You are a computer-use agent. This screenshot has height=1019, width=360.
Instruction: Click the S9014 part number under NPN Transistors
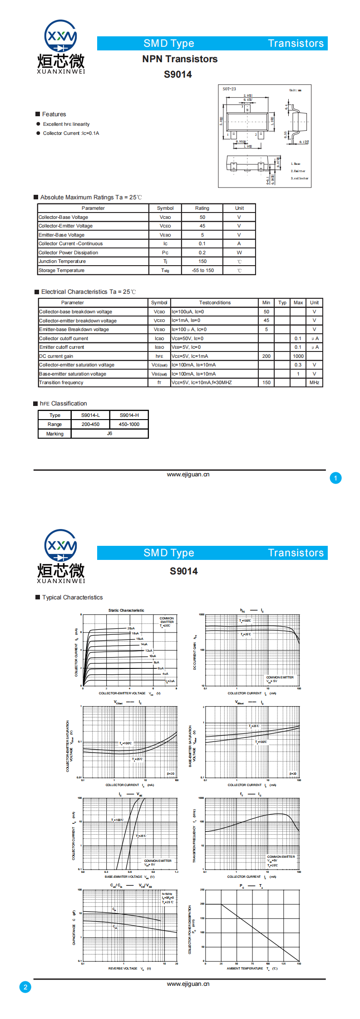click(x=178, y=74)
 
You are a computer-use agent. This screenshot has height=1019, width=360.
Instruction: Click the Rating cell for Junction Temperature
click(x=202, y=262)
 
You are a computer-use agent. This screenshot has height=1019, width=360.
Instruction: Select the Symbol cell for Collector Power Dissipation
click(x=165, y=252)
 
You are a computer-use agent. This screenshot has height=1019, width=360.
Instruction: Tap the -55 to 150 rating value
click(x=202, y=271)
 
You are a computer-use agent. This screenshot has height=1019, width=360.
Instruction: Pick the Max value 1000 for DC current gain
click(x=298, y=356)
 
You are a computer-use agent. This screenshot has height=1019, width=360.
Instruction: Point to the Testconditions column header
click(x=215, y=303)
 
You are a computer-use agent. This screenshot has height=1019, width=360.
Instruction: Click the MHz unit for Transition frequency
click(x=314, y=383)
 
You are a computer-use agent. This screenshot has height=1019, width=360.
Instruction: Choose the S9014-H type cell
click(x=129, y=415)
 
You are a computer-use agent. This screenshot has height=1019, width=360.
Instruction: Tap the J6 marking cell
click(x=109, y=434)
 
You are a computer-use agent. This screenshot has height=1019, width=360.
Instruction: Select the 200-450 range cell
click(x=90, y=425)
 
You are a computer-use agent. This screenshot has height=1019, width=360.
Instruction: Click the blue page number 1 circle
click(x=335, y=478)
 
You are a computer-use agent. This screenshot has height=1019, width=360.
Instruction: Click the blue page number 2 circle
click(x=25, y=987)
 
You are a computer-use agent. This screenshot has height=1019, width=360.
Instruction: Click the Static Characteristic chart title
click(x=126, y=610)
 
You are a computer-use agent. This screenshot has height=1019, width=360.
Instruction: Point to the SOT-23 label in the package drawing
click(x=229, y=89)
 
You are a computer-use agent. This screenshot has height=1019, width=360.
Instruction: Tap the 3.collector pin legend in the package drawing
click(x=300, y=178)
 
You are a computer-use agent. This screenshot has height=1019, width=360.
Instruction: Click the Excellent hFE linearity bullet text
click(x=66, y=124)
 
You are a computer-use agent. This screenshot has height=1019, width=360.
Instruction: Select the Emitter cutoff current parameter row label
click(x=61, y=347)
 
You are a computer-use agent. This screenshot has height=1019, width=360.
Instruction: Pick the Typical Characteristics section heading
click(x=72, y=598)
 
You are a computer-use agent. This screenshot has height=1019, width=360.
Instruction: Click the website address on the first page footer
click(x=188, y=475)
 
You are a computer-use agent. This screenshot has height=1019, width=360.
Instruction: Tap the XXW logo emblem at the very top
click(x=60, y=36)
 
